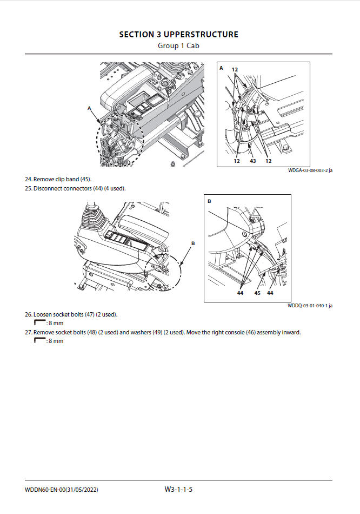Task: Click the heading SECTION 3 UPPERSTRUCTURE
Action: coord(178,35)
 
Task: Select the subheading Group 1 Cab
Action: coord(178,45)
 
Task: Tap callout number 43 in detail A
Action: coord(252,161)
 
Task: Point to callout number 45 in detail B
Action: coord(257,293)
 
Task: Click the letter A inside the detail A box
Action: coord(221,68)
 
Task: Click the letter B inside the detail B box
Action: coord(209,201)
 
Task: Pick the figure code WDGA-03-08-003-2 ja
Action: coord(310,171)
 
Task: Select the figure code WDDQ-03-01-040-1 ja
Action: coord(310,306)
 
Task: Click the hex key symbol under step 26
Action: coord(39,323)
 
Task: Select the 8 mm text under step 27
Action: coord(56,341)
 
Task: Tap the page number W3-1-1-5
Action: coord(179,490)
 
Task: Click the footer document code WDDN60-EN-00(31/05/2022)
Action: coord(62,490)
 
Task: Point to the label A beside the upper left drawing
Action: coord(89,108)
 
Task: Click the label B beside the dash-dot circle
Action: coord(193,244)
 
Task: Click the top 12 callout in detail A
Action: coord(235,70)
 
